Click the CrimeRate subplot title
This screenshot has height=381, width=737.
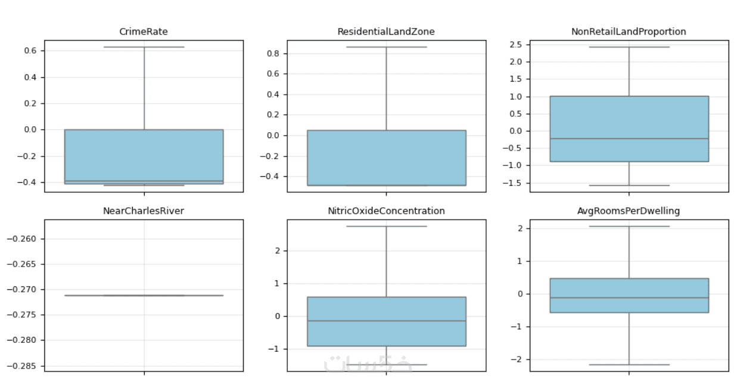click(x=144, y=32)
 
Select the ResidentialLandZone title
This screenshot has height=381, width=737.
click(x=386, y=32)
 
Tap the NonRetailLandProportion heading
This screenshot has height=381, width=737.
click(x=629, y=32)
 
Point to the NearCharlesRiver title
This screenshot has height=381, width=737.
click(x=144, y=211)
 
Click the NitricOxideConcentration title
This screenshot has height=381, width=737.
click(x=386, y=211)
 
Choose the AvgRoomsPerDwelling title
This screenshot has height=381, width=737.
click(x=629, y=211)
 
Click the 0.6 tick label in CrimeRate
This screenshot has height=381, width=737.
click(x=30, y=51)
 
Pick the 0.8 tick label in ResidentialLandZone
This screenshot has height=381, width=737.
click(x=273, y=54)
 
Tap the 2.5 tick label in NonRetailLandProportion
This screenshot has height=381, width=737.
click(x=515, y=45)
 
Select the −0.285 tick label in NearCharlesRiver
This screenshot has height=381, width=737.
click(x=21, y=366)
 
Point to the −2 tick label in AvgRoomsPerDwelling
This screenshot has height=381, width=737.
click(x=517, y=360)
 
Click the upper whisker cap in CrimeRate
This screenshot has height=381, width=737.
click(x=144, y=47)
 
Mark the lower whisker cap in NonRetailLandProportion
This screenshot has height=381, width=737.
click(x=629, y=185)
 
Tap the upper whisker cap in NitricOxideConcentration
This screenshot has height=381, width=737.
click(x=387, y=226)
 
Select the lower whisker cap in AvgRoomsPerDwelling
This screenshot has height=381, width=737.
click(x=629, y=364)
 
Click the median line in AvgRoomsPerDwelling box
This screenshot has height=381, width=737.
click(x=629, y=298)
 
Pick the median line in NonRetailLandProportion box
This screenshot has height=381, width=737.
click(x=629, y=138)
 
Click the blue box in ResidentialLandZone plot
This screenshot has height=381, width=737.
click(x=387, y=158)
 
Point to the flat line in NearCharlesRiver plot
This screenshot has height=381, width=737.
click(x=144, y=295)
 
